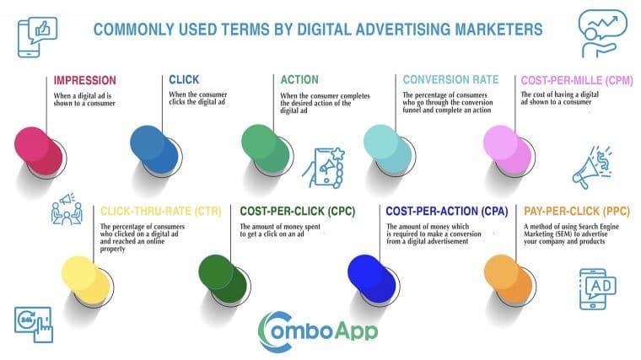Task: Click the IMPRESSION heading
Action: point(84,81)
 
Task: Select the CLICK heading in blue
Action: point(183,81)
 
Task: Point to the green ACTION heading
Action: point(300,81)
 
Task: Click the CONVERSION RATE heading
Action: point(450,81)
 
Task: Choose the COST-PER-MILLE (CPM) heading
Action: point(576,81)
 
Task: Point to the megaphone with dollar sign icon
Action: point(595,166)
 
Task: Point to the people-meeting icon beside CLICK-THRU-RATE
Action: point(67,211)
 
